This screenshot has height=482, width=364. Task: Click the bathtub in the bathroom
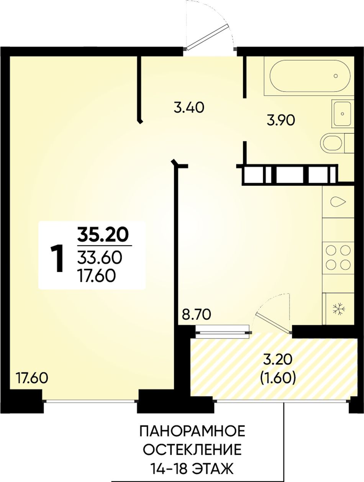pos(309,76)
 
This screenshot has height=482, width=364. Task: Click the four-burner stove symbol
pos(338,257)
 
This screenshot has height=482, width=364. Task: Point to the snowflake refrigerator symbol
pos(339,308)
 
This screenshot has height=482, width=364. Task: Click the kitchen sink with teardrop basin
pos(338,202)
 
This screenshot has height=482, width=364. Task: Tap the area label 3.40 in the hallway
pos(189,108)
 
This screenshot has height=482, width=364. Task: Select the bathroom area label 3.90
pos(280,120)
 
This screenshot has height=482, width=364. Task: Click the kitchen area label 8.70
pos(196,315)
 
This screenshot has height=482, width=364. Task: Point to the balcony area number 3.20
pos(278,366)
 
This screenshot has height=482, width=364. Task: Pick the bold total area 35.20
pos(103,235)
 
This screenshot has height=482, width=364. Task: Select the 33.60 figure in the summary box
pos(100,257)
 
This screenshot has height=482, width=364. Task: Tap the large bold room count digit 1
pos(57,259)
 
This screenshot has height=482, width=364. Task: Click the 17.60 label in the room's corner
pos(32,378)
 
